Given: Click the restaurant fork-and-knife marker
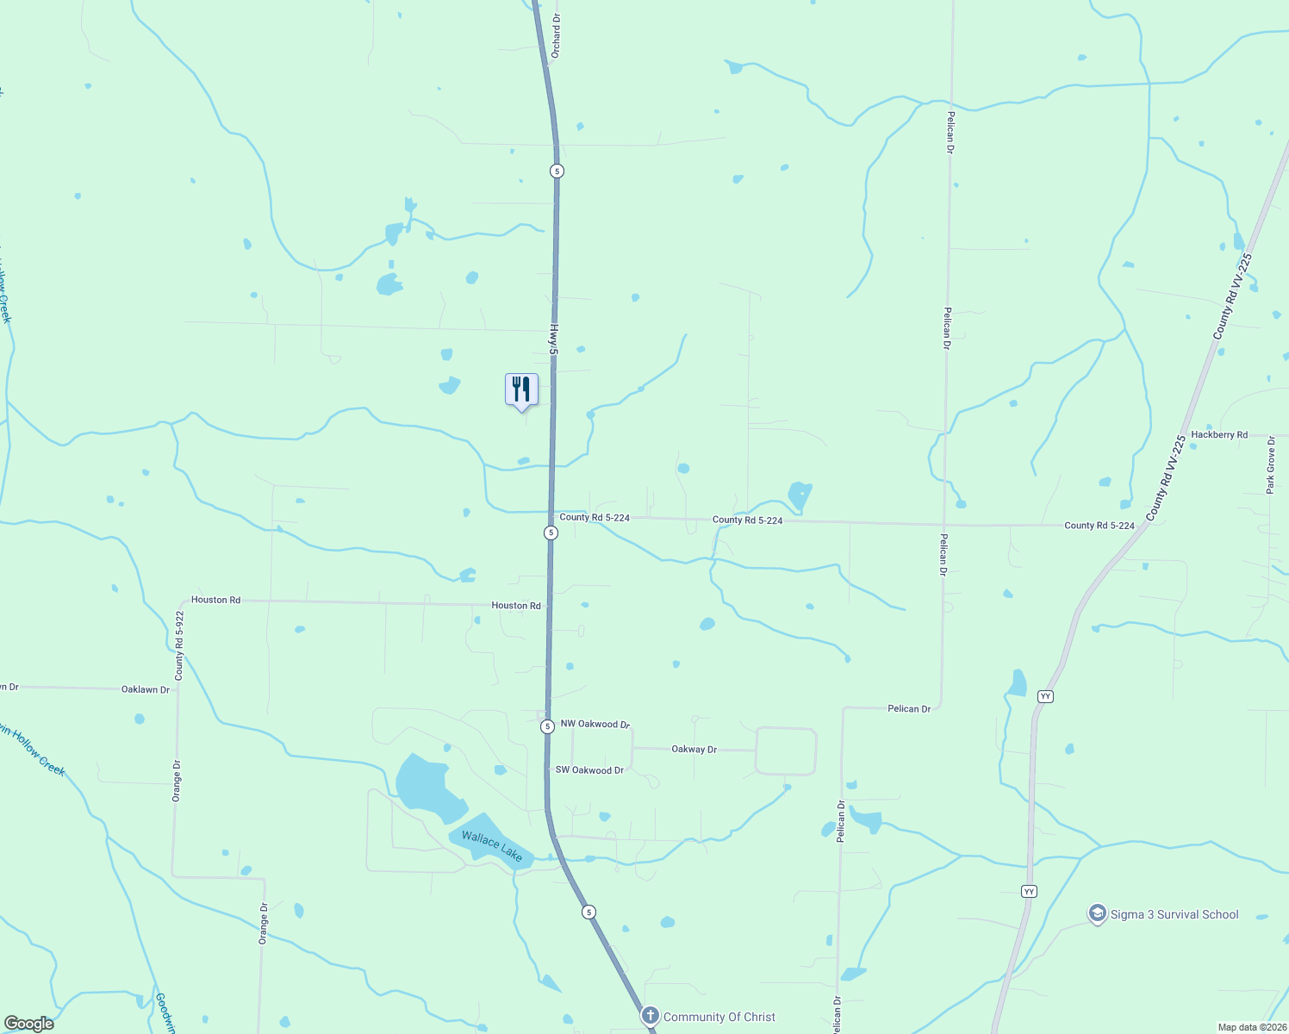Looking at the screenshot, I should (x=521, y=389).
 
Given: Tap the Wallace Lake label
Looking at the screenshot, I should (x=492, y=846).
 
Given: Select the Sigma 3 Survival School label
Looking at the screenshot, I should (x=1174, y=914).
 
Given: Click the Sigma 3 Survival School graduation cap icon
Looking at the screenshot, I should (x=1097, y=913).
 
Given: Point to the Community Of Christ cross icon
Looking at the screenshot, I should (x=650, y=1016).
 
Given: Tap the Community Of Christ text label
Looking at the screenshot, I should (x=719, y=1017).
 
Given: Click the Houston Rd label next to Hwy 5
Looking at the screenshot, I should (x=516, y=606).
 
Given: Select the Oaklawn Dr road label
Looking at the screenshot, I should (x=146, y=689).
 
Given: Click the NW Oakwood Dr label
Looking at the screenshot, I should (x=595, y=725).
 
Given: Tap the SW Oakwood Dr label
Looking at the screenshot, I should (x=589, y=770).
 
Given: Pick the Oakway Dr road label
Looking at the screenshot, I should (x=694, y=750).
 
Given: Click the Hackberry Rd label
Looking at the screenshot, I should (x=1219, y=435).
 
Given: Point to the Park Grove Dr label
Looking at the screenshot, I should (x=1270, y=464).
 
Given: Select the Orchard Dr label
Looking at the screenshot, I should (x=556, y=35).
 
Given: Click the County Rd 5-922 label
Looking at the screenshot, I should (x=179, y=645).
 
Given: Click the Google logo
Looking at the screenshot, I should (x=29, y=1024).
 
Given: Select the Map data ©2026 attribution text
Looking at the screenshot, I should (x=1251, y=1027).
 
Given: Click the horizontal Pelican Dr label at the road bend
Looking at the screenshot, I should (x=909, y=708).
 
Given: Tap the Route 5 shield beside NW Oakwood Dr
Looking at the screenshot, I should (x=547, y=726).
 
